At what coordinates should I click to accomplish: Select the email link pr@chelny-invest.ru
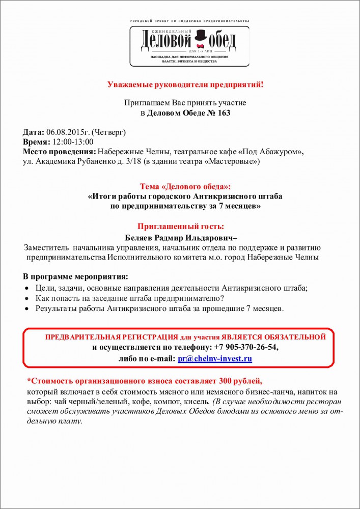[x=215, y=358]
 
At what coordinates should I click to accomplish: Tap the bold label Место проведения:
[x=59, y=152]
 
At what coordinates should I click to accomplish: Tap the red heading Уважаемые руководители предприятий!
[x=185, y=84]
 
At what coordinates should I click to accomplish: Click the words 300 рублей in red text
[x=241, y=381]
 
